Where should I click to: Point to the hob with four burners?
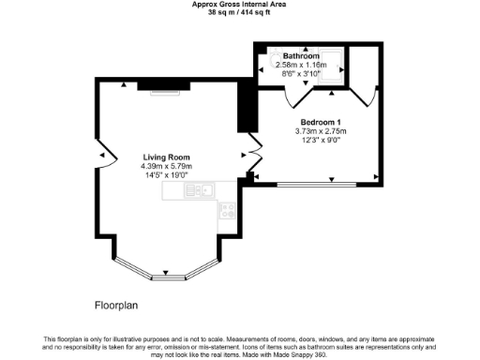[x=228, y=211]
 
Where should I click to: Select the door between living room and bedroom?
[x=251, y=157]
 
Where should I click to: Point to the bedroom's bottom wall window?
[x=316, y=181]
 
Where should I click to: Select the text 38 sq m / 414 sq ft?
[x=239, y=12]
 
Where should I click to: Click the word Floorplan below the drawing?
[x=117, y=306]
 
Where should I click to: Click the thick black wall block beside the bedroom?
[x=247, y=106]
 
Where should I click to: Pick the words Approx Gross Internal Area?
[x=239, y=5]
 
